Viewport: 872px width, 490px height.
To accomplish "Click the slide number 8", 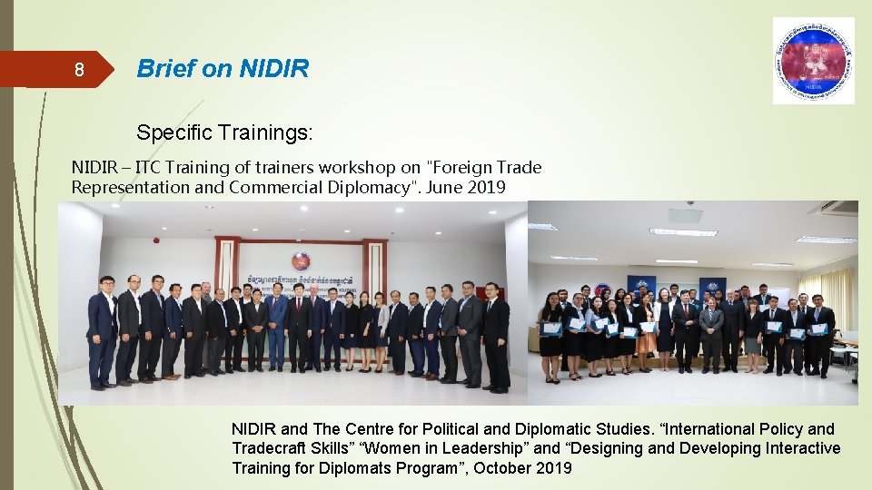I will pyautogui.click(x=79, y=70).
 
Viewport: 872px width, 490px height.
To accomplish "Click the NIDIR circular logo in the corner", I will pyautogui.click(x=813, y=60).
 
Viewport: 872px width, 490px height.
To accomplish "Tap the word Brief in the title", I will pyautogui.click(x=163, y=69).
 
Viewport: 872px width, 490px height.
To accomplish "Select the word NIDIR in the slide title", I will pyautogui.click(x=274, y=69).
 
